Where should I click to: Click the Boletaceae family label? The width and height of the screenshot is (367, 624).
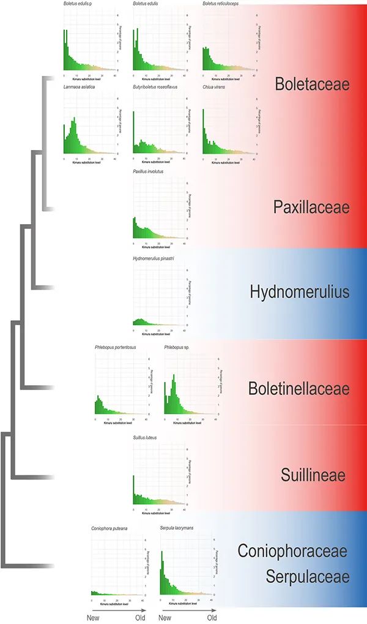coord(312,85)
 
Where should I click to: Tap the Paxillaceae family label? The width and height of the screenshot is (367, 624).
coord(311,207)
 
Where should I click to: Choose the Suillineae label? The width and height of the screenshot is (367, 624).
coord(314,475)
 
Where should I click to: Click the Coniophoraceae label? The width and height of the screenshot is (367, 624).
coord(292,551)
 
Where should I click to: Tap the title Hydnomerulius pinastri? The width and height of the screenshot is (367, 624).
coord(154,260)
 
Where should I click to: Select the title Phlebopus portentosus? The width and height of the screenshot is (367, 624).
coord(115,348)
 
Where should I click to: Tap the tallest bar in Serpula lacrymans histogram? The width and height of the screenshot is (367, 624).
coord(162,573)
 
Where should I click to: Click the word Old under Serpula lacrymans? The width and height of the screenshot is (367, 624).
coord(212,618)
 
